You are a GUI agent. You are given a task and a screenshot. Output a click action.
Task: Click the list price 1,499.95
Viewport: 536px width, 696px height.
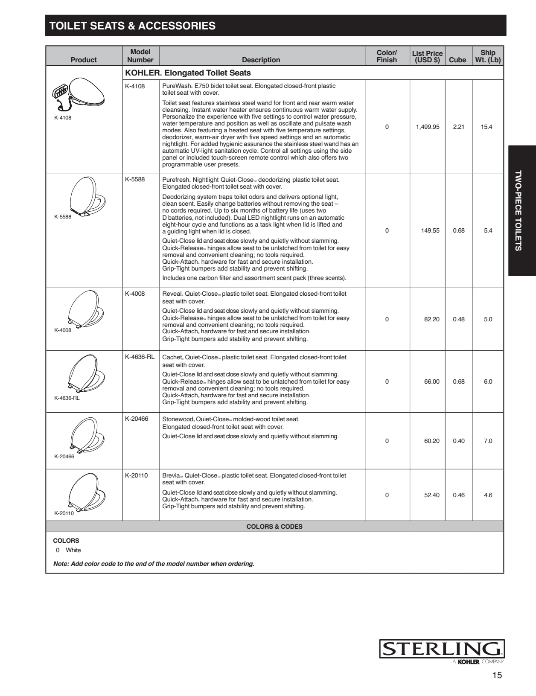(x=427, y=127)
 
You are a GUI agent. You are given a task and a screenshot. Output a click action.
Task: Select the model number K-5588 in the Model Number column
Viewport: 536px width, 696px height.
(x=135, y=179)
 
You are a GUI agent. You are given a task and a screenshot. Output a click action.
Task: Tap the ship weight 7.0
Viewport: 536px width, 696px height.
(x=488, y=441)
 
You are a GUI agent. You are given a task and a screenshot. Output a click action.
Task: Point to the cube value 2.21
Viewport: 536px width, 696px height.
(x=459, y=127)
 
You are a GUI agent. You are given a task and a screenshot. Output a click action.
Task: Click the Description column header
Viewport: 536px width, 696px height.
(x=261, y=60)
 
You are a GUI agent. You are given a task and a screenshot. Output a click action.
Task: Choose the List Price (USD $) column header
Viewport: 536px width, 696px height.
(x=427, y=56)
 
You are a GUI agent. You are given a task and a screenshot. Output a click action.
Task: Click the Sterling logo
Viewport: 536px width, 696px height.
(x=442, y=649)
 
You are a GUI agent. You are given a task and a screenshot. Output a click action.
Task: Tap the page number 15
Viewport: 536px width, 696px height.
(x=497, y=675)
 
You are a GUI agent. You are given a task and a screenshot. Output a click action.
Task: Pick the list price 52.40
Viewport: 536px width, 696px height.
(x=431, y=495)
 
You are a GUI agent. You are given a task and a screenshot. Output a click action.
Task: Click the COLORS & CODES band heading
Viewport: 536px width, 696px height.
(x=274, y=527)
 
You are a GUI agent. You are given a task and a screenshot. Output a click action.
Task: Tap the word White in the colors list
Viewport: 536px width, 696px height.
(x=73, y=550)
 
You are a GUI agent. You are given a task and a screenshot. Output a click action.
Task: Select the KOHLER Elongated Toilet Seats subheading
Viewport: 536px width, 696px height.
(x=188, y=73)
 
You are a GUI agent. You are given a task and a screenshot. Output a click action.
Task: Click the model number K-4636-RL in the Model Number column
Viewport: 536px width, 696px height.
(x=140, y=357)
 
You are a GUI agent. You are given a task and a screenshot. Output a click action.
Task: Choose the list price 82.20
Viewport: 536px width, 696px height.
(x=431, y=319)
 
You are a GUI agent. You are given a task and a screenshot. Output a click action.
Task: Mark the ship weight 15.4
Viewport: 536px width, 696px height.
(x=486, y=127)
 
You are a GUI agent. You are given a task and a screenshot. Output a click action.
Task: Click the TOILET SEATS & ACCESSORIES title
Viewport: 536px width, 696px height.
(x=132, y=26)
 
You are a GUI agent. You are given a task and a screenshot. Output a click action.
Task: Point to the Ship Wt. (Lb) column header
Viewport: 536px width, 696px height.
(x=488, y=56)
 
